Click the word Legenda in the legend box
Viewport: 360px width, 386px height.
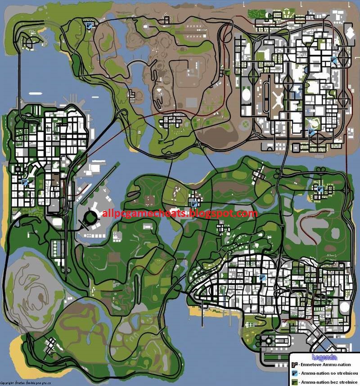326,357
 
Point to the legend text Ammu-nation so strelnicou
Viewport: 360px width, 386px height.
328,373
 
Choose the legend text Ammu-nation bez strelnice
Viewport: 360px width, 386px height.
328,382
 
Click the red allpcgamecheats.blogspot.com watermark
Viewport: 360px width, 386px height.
180,213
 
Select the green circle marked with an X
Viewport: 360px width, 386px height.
245,123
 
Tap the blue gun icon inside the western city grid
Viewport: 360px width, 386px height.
25,183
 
